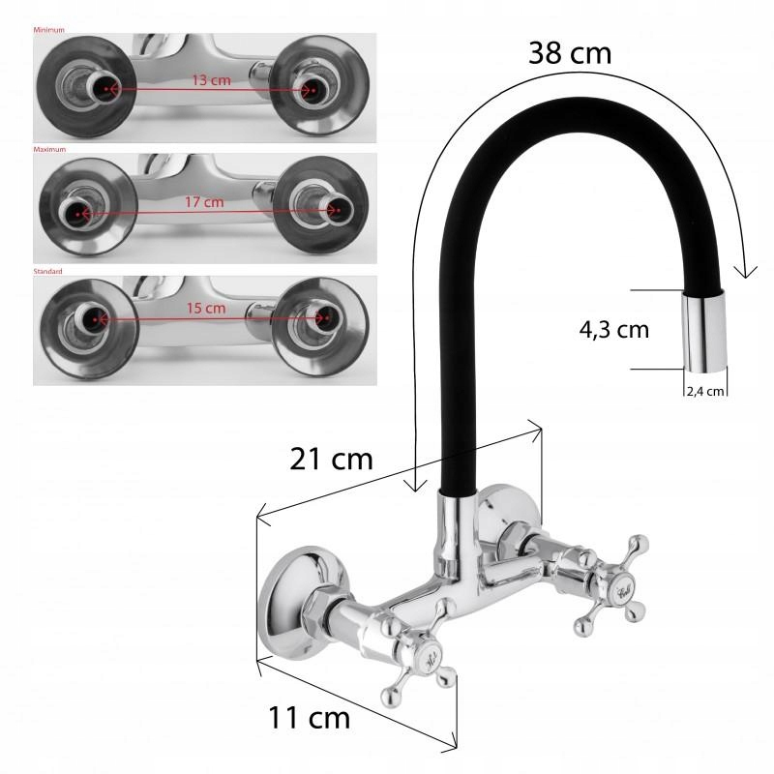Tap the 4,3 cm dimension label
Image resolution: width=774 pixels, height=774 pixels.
tap(613, 330)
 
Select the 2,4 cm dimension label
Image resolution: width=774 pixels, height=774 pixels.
tap(704, 392)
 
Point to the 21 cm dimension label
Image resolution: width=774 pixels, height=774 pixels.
tap(331, 459)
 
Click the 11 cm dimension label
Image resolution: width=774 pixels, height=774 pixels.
tap(309, 718)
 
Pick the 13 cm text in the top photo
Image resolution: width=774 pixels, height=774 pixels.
tap(211, 80)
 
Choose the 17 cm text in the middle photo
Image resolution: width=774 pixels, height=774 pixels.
tap(203, 202)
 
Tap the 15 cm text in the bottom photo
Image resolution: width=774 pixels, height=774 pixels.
tap(206, 309)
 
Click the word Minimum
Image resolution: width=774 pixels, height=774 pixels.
tap(49, 30)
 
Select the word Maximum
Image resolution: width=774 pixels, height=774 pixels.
tap(49, 150)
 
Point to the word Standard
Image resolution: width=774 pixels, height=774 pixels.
tap(47, 272)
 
